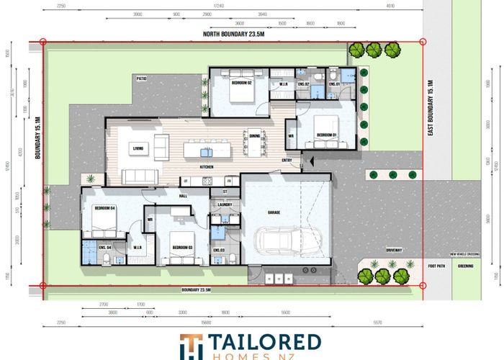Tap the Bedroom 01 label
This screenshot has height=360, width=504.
click(x=327, y=135)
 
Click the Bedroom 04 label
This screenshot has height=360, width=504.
click(x=104, y=208)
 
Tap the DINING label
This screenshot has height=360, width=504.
click(x=254, y=134)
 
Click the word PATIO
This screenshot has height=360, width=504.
click(x=142, y=78)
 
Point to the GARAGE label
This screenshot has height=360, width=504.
click(x=274, y=213)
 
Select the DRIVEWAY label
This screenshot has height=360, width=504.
click(x=393, y=250)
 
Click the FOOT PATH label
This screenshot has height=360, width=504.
click(x=436, y=266)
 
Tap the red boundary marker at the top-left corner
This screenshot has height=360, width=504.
click(x=42, y=42)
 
